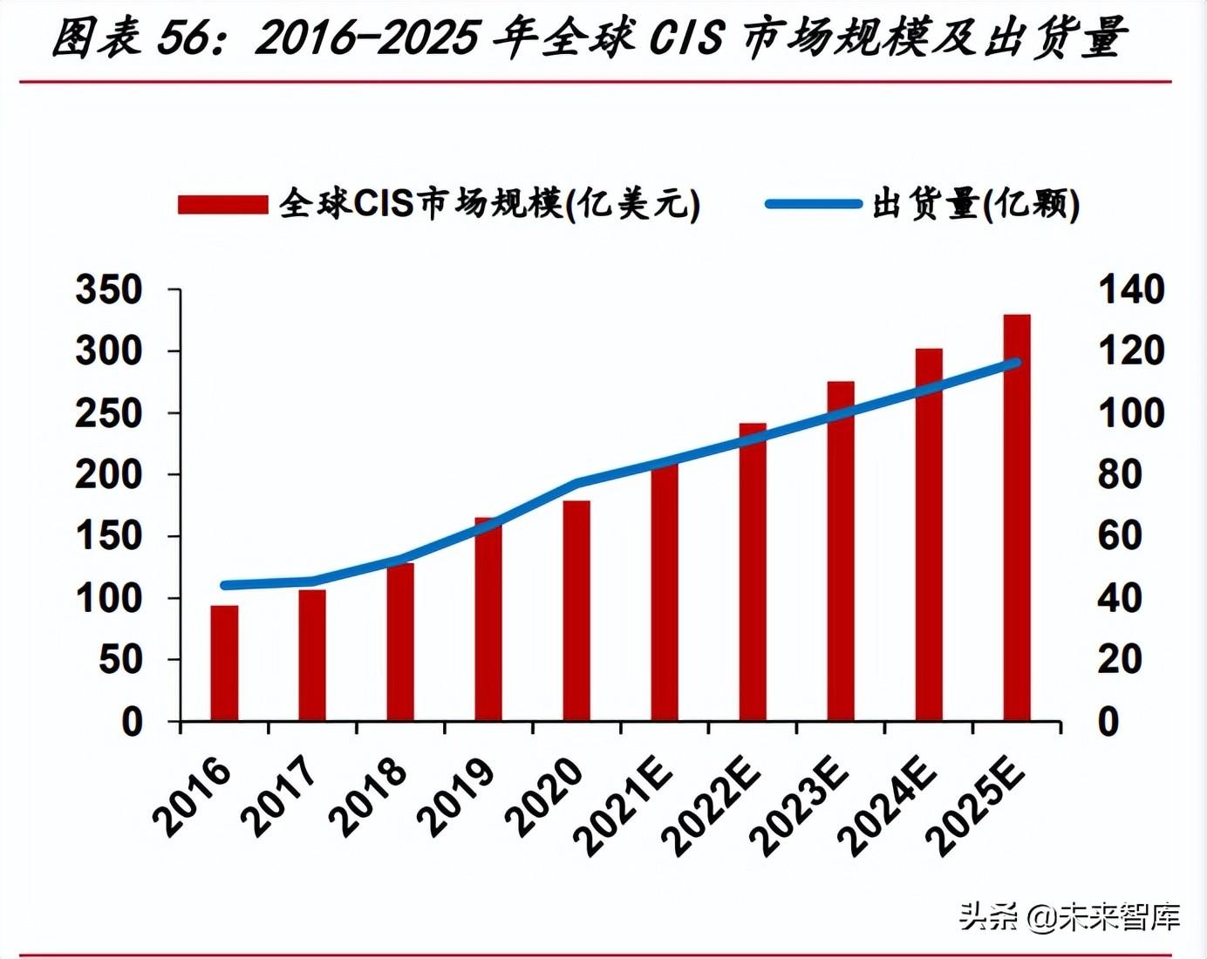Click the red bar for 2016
[224, 663]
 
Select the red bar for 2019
[488, 619]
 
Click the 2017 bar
[312, 655]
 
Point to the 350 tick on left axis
[109, 289]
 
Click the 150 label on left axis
[109, 535]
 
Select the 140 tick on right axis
[1130, 289]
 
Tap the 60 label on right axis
[1119, 535]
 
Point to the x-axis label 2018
[369, 797]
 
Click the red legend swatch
[222, 205]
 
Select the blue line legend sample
[813, 204]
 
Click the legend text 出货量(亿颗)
[976, 204]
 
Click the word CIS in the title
[687, 38]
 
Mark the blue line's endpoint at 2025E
[1015, 363]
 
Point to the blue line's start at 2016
[225, 585]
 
